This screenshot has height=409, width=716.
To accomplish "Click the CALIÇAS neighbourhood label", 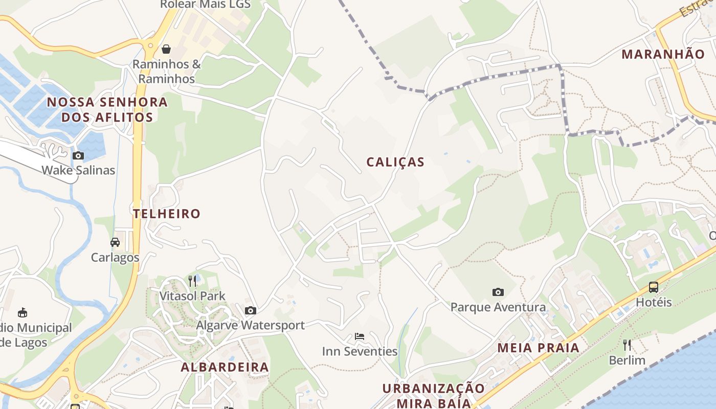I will pyautogui.click(x=395, y=162).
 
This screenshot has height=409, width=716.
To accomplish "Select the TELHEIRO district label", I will pyautogui.click(x=167, y=214).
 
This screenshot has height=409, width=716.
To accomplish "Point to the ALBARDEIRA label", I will pyautogui.click(x=225, y=367).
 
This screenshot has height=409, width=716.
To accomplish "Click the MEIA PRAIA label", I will pyautogui.click(x=539, y=348).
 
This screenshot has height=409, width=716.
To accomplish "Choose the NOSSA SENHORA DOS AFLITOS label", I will pyautogui.click(x=107, y=109).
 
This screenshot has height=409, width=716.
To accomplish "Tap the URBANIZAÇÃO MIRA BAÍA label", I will pyautogui.click(x=434, y=395).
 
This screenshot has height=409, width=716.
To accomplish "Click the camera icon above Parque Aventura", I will pyautogui.click(x=498, y=292).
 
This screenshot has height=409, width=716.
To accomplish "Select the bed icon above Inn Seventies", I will pyautogui.click(x=360, y=336).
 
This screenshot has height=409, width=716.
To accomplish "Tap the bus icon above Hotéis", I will pyautogui.click(x=653, y=287).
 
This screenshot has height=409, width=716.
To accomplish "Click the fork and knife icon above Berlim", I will pyautogui.click(x=627, y=345).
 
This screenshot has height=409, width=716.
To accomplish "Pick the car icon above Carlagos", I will pyautogui.click(x=115, y=242).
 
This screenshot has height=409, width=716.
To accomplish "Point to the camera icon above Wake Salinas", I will pyautogui.click(x=78, y=155).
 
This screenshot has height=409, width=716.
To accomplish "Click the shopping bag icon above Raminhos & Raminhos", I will pyautogui.click(x=166, y=49).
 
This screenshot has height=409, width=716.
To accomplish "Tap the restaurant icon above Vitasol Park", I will pyautogui.click(x=192, y=281).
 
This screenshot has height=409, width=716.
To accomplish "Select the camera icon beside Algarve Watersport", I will pyautogui.click(x=250, y=310).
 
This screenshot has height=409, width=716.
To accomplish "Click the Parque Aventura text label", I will pyautogui.click(x=498, y=307).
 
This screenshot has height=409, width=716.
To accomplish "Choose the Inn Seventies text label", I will pyautogui.click(x=360, y=351).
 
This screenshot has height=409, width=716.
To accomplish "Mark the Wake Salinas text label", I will pyautogui.click(x=78, y=170).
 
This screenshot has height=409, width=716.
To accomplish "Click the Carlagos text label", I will pyautogui.click(x=115, y=257).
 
